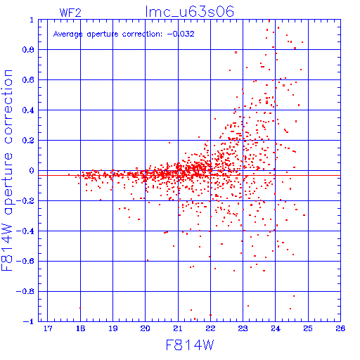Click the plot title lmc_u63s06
point(190,12)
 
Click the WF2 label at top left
point(70,13)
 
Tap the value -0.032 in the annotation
point(181,34)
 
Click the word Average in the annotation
point(68,34)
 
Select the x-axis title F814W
point(190,345)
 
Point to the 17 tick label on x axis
point(48,328)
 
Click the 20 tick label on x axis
point(145,328)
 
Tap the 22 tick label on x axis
point(210,328)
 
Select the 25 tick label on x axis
point(308,328)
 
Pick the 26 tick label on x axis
point(340,328)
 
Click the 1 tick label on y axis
point(32,20)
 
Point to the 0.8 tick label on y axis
point(28,50)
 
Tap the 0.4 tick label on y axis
point(28,110)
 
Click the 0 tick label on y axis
point(32,171)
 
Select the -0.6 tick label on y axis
point(25,261)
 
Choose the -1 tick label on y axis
point(29,321)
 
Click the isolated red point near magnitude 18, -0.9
point(80,308)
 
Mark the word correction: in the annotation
point(142,34)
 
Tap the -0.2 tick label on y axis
point(25,201)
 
